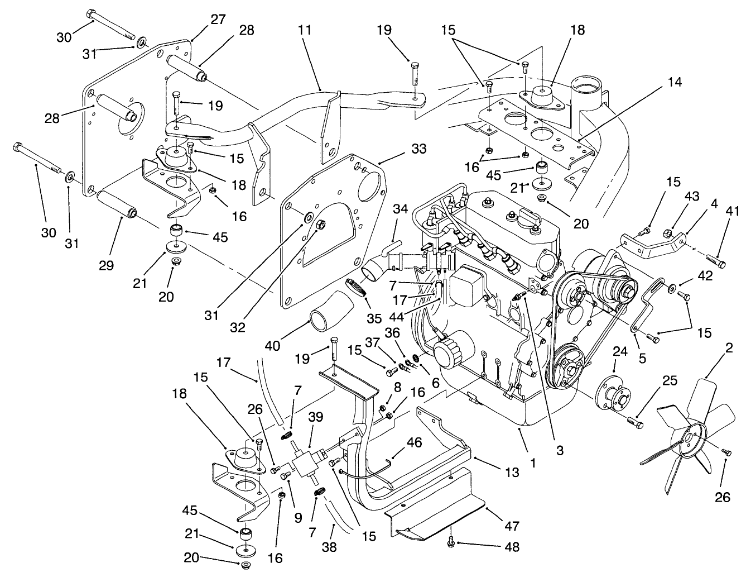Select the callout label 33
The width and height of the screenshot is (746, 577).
pos(419,149)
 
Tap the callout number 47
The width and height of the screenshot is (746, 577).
pos(512,526)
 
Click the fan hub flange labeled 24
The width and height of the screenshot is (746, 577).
pos(610,392)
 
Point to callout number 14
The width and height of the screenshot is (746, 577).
pos(674,82)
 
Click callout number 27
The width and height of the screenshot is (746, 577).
pos(218,19)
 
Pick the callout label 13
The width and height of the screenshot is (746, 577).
pos(511,473)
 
